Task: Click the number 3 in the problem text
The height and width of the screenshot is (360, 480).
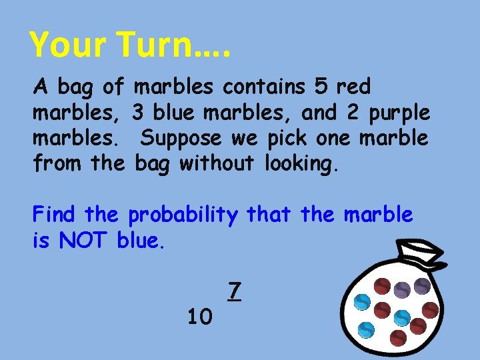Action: pos(138,113)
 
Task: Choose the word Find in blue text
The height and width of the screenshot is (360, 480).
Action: pos(55,215)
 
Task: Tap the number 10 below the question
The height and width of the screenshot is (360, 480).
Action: pos(199,315)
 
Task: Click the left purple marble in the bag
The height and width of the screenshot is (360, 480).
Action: pos(402,289)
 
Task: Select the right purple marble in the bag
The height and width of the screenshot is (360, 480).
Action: pos(423,285)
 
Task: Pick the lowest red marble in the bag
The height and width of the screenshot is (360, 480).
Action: pos(399,337)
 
